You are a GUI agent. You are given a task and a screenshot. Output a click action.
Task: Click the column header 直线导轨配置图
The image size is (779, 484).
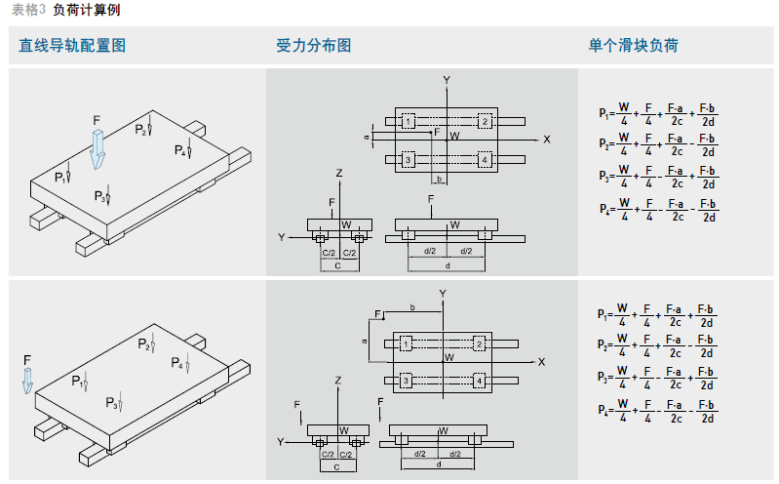[72, 46]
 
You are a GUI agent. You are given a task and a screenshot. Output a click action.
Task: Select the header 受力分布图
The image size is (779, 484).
[314, 46]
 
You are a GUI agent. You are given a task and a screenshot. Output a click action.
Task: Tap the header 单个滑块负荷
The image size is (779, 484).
[633, 46]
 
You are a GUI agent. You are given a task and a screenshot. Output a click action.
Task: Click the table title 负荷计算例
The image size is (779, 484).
[87, 10]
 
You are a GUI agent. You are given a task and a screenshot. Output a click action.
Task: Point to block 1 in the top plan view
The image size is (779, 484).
[409, 121]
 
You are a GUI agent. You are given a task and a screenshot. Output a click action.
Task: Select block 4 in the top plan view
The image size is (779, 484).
[485, 159]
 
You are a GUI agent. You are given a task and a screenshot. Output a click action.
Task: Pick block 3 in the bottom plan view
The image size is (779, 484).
[405, 381]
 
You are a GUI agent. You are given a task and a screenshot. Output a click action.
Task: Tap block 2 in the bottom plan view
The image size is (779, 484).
[479, 343]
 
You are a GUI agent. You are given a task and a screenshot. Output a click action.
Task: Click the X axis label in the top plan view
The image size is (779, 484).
[547, 140]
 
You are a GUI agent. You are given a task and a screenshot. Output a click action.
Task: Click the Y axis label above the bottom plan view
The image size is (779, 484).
[443, 294]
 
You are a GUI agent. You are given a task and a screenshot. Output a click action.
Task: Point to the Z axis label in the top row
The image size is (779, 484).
[338, 173]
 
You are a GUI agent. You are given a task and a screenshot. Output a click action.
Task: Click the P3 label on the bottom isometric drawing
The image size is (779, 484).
[112, 404]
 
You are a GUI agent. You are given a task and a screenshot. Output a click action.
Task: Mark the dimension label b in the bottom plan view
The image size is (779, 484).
[412, 307]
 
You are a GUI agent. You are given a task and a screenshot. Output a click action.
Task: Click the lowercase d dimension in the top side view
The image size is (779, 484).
[448, 266]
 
